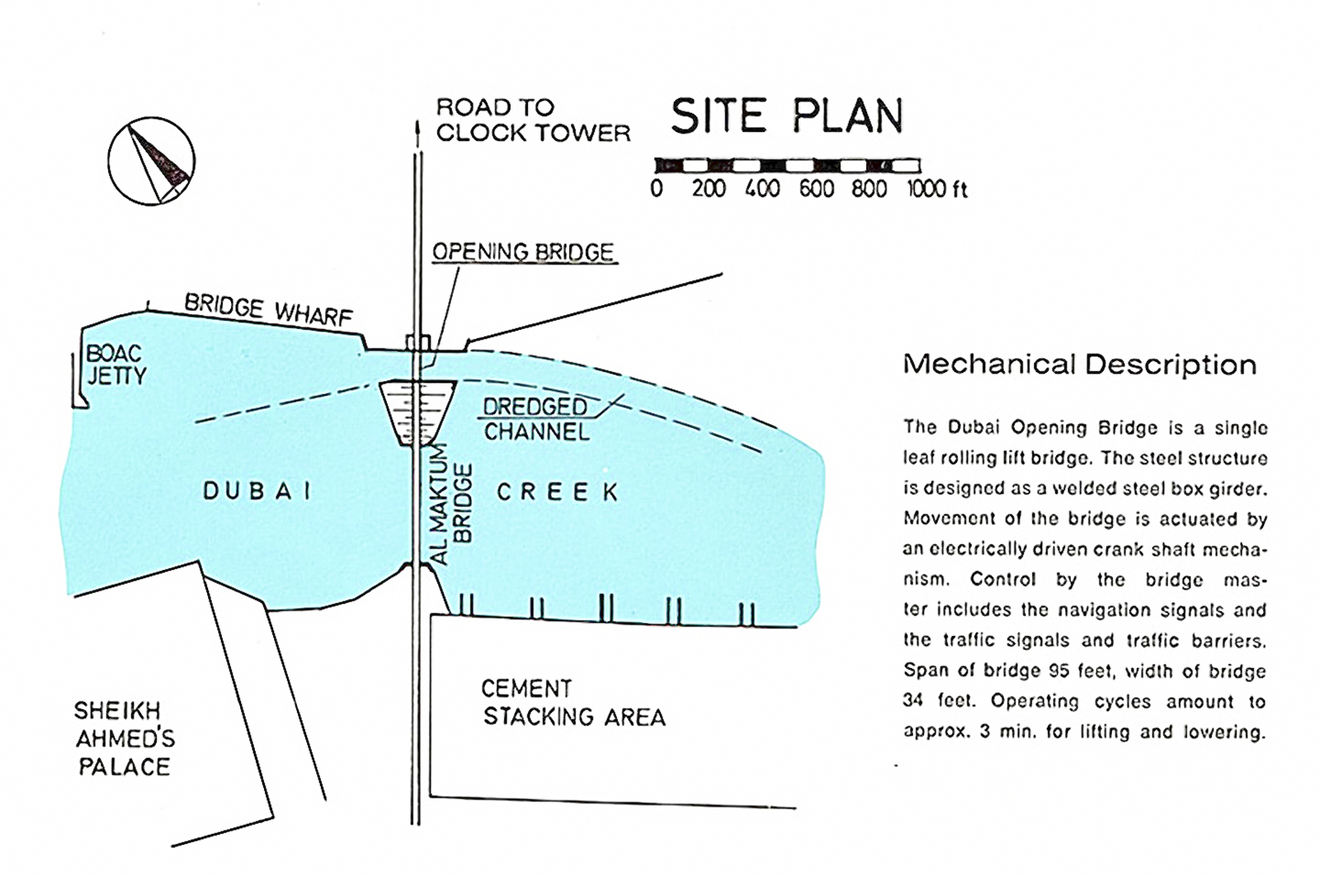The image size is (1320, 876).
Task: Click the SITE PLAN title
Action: pos(787,115)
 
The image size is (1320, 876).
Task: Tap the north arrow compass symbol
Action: pos(152,161)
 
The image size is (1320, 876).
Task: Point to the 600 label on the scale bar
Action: pos(816,189)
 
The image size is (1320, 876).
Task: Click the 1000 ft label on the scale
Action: pos(937,189)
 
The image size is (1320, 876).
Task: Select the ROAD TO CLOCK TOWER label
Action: pos(533,120)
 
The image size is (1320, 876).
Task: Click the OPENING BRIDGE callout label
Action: pos(523,252)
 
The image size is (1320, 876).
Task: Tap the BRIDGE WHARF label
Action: pos(268,310)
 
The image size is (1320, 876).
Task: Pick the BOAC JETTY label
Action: pos(116,365)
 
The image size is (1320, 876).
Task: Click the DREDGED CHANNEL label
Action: pos(535,420)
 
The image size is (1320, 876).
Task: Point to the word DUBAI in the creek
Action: pos(257,492)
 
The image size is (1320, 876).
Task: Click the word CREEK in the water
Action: pos(558,492)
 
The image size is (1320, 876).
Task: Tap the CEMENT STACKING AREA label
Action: pos(574,703)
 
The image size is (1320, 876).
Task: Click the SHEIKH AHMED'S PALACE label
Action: pos(125,739)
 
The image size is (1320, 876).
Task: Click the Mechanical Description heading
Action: pos(1080,365)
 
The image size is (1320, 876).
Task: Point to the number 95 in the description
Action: pos(1059,671)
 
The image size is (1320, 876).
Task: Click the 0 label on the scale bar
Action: pos(657,189)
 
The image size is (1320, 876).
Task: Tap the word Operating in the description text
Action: pos(1035,701)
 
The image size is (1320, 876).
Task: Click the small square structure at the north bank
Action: pos(418,343)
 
